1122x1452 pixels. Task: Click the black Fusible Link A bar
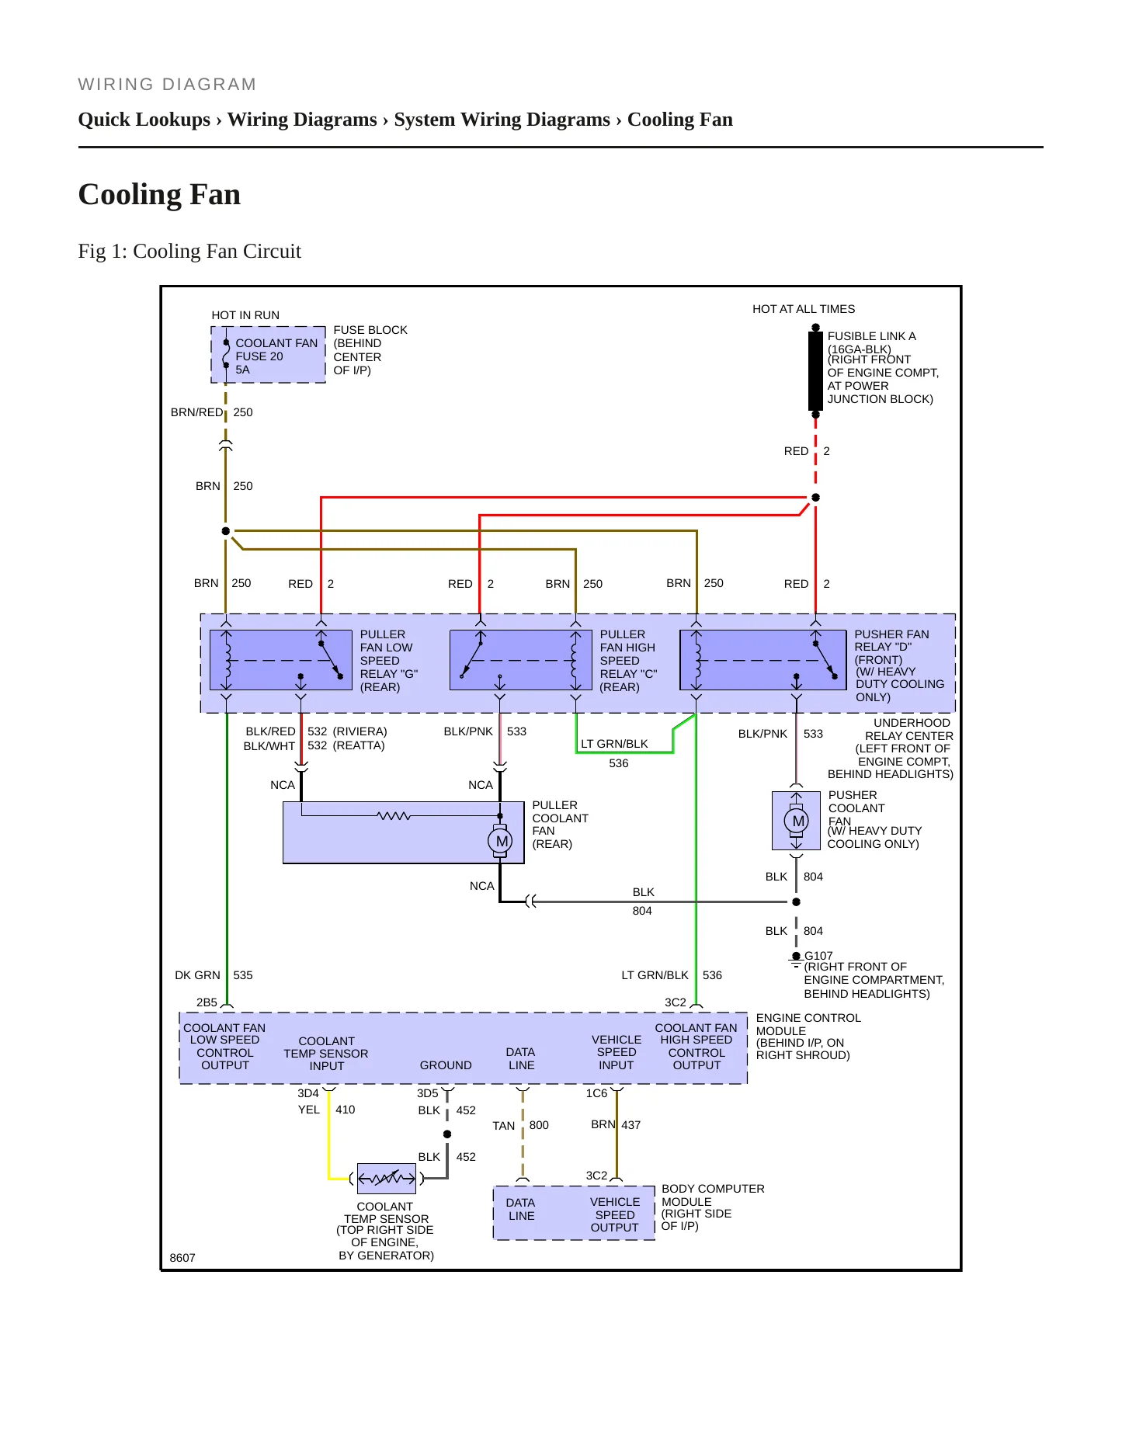(815, 371)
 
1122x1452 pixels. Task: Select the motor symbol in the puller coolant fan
(501, 841)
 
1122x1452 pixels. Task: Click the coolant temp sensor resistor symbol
(387, 1179)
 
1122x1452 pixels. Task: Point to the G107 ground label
(818, 956)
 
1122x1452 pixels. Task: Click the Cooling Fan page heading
(159, 194)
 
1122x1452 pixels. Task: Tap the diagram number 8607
(182, 1258)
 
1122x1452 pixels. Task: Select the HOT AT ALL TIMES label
(804, 309)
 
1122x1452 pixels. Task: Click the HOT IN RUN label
(245, 315)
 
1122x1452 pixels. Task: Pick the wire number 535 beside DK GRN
(243, 975)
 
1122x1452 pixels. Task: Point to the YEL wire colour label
(309, 1110)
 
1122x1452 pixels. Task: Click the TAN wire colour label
(504, 1126)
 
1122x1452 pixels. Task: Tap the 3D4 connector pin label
(308, 1093)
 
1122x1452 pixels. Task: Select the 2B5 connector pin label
(207, 1002)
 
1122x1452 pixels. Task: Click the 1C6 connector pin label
(596, 1093)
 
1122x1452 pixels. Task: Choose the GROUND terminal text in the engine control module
(446, 1065)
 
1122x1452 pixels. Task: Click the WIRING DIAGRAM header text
(167, 85)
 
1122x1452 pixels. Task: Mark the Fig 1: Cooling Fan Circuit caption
(189, 252)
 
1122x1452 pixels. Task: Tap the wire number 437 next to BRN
(631, 1125)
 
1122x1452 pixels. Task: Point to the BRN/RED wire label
(196, 412)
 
